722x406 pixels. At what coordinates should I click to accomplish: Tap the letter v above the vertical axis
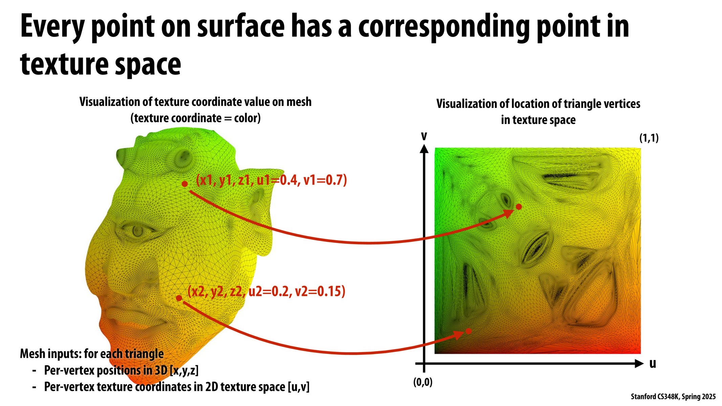tap(424, 136)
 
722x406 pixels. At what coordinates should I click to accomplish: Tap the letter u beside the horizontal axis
tap(653, 364)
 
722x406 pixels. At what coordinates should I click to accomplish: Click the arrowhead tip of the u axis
tap(643, 364)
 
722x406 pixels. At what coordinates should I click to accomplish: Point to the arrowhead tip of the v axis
tap(424, 145)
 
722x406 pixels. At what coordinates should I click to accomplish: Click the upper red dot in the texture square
tap(519, 207)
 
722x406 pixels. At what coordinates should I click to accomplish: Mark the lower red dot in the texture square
tap(468, 331)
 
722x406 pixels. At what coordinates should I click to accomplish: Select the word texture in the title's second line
tap(64, 64)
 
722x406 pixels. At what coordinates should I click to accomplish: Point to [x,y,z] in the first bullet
tap(184, 370)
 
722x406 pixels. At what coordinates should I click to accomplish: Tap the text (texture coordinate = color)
tap(195, 118)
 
